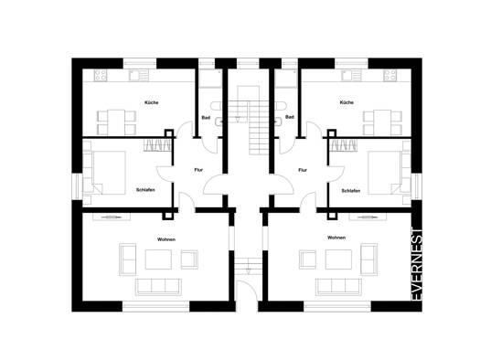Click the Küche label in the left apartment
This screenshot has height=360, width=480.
point(151,102)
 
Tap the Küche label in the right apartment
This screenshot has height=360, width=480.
point(347,102)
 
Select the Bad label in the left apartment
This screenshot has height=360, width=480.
point(206,118)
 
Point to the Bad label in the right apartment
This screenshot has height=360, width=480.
point(290,117)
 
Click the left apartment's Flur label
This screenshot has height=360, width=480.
point(198,170)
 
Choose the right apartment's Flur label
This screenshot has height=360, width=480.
point(303,170)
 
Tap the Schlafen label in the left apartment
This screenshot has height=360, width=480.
point(145,190)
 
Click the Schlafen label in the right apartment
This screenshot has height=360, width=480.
point(351,191)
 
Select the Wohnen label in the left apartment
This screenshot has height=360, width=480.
point(166,239)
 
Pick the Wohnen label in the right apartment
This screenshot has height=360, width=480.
point(336,238)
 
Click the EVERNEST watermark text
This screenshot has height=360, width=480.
point(417,264)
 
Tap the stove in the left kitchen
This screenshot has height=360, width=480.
point(101,75)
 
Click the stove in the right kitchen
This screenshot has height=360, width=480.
point(390,75)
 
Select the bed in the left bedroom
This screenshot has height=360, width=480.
point(109,173)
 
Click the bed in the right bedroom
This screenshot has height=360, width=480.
point(385,173)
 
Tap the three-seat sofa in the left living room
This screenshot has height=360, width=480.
point(158,287)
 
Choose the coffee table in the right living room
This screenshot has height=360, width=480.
point(338,259)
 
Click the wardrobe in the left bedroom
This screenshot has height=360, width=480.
point(157,145)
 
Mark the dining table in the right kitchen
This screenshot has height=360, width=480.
point(382,122)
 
